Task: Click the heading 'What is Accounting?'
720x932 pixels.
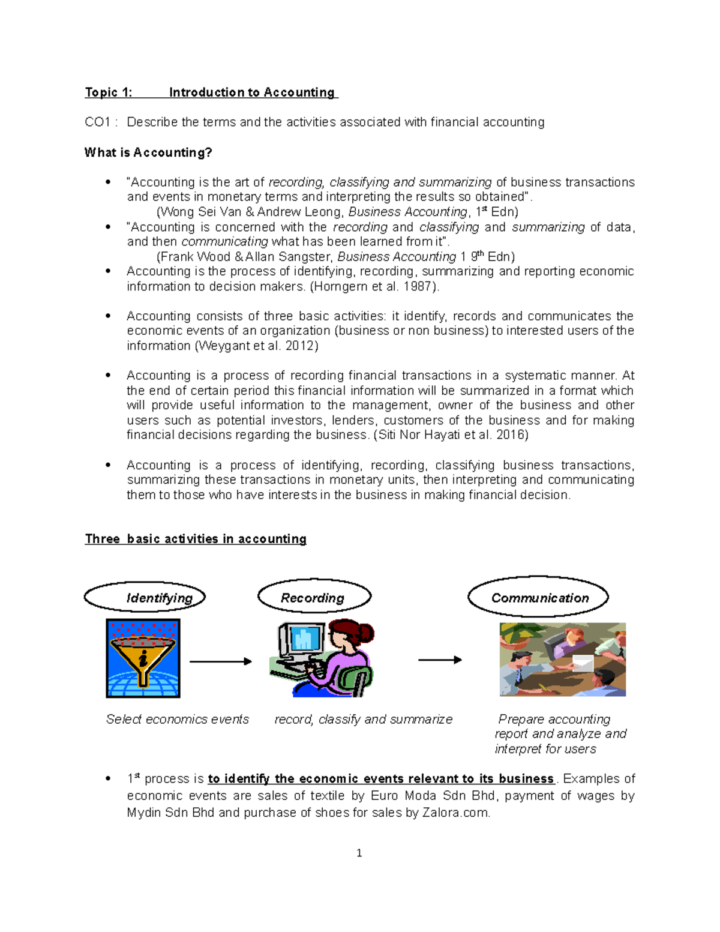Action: pyautogui.click(x=148, y=152)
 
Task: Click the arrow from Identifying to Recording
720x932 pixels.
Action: pyautogui.click(x=220, y=661)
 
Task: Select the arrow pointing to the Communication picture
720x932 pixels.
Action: pyautogui.click(x=440, y=660)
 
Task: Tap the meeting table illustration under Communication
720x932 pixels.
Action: pyautogui.click(x=562, y=660)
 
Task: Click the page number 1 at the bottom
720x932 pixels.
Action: pyautogui.click(x=359, y=853)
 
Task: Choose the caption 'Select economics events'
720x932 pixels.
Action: pyautogui.click(x=177, y=719)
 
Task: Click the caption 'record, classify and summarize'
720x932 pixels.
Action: pyautogui.click(x=363, y=719)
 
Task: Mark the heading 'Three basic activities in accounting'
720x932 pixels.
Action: pyautogui.click(x=196, y=539)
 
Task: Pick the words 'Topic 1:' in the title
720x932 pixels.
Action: pyautogui.click(x=108, y=92)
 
